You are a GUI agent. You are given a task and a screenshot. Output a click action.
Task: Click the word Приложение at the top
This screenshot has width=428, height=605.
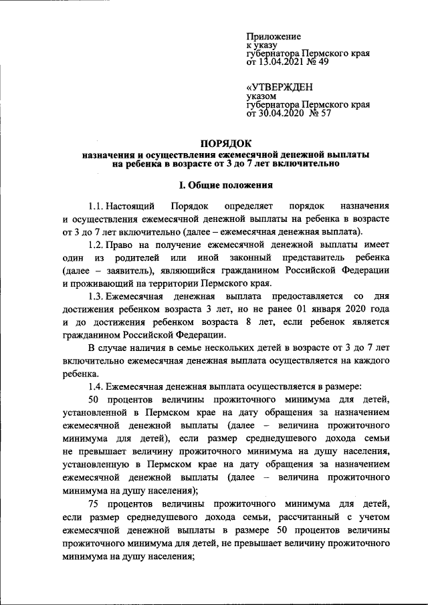274,36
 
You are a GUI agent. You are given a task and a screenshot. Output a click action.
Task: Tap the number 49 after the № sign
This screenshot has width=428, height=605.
322,63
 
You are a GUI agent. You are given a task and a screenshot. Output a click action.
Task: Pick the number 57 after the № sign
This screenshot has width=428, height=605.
324,114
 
